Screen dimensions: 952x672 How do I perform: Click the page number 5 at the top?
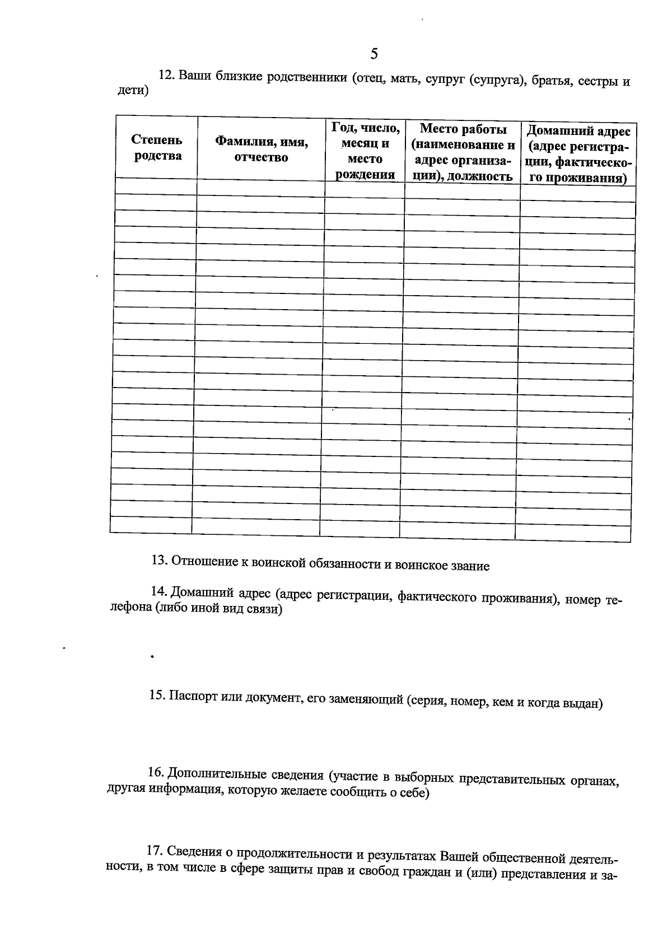(374, 54)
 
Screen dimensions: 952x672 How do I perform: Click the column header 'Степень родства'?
(157, 148)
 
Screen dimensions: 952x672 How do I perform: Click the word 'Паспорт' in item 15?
(194, 696)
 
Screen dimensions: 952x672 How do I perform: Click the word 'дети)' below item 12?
(133, 91)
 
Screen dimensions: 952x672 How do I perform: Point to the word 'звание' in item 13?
(470, 566)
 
